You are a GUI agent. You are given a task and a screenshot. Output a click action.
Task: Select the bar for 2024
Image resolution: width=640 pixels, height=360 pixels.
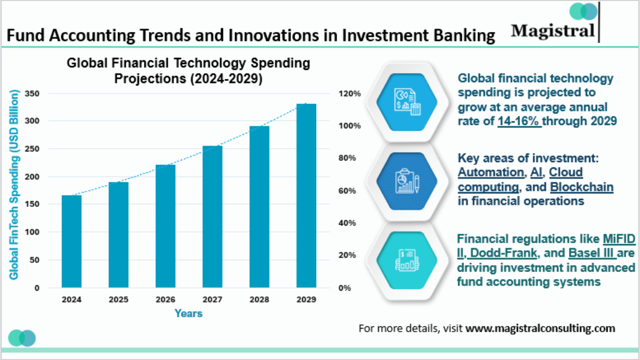pos(71,241)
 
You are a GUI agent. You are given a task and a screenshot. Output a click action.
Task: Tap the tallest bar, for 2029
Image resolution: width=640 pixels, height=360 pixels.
pos(306,196)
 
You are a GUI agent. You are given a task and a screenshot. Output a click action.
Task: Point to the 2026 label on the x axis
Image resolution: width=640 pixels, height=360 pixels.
pos(165,300)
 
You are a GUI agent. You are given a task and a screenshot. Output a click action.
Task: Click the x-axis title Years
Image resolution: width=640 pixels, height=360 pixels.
pos(189,314)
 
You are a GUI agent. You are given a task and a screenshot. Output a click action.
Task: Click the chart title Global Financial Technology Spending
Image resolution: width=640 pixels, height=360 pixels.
pos(188,63)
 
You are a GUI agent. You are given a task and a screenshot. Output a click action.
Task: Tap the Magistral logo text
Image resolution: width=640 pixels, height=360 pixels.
pos(553,30)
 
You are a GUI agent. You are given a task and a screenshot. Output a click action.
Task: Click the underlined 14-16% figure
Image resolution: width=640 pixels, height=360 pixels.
pos(519,121)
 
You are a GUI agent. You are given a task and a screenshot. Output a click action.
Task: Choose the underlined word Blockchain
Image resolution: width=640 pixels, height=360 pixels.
pos(581,187)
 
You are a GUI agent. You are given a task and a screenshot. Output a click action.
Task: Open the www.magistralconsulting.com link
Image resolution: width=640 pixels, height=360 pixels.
pos(540,328)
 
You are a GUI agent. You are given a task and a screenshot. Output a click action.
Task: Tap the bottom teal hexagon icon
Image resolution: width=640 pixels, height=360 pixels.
pos(406,260)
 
